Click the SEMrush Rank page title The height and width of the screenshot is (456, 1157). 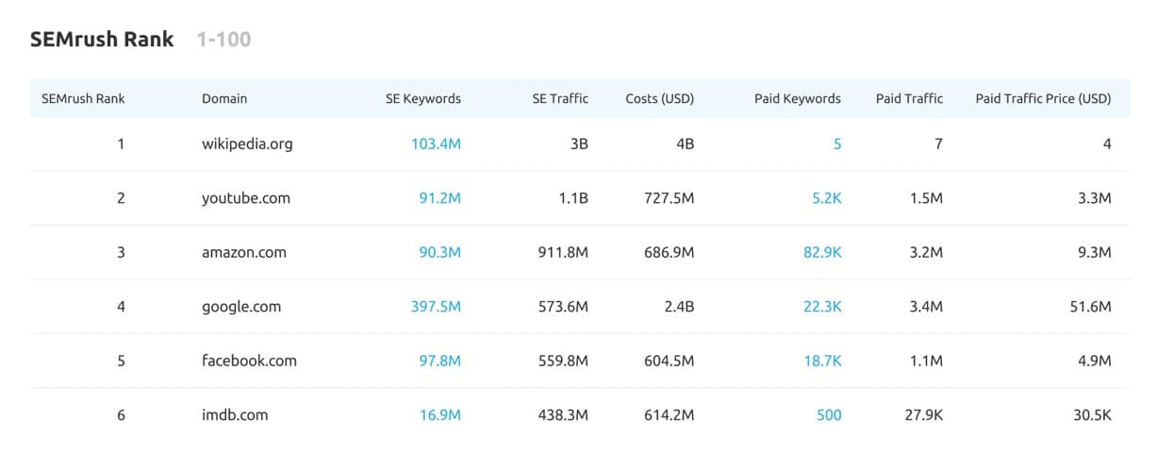click(x=102, y=40)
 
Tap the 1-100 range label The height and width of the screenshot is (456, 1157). click(x=223, y=40)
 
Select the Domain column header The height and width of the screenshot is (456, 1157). click(x=224, y=98)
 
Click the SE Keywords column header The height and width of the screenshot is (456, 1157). click(x=423, y=98)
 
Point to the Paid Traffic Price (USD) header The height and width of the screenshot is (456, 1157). click(x=1043, y=98)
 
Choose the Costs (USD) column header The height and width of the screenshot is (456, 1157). click(x=660, y=98)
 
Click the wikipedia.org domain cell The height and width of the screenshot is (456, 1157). click(x=247, y=144)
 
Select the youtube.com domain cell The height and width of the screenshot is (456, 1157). click(x=246, y=198)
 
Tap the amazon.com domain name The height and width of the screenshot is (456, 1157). click(x=244, y=252)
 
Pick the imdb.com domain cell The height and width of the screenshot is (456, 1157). click(x=235, y=414)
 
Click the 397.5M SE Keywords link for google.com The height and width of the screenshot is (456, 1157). click(x=436, y=307)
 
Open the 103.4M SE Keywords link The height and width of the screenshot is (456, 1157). click(x=436, y=144)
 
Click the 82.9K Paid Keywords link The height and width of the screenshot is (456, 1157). click(x=822, y=252)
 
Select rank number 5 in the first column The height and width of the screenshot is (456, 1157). click(x=121, y=361)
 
